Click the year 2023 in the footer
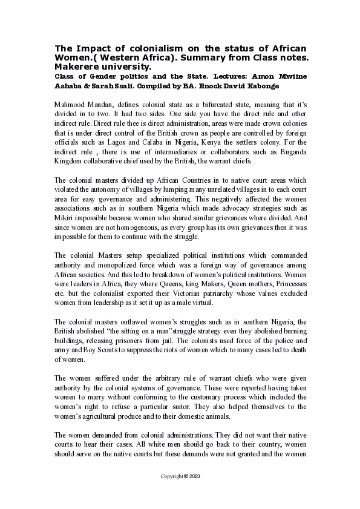pos(194,476)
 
